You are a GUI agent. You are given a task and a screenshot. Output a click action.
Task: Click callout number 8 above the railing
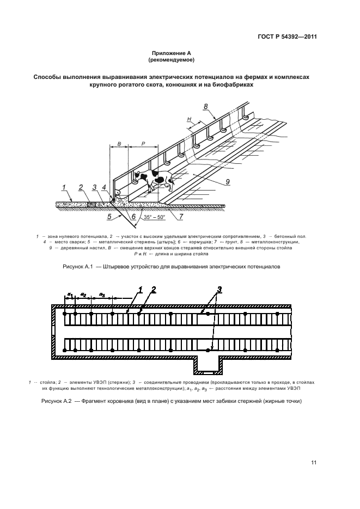click(205, 106)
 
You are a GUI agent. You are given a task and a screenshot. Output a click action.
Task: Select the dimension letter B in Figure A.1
click(119, 144)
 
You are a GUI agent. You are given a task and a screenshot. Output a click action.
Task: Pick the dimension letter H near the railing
click(189, 119)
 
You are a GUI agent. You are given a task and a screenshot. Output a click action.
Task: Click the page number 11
click(314, 462)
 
